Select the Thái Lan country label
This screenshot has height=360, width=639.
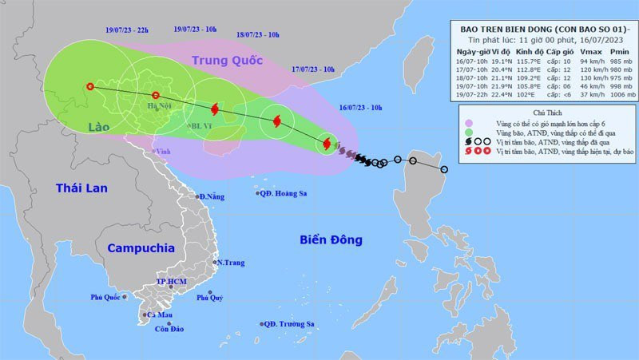(81, 188)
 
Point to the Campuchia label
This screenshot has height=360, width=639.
(141, 247)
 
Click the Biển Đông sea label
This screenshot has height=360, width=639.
(331, 239)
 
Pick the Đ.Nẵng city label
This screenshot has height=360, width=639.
(212, 196)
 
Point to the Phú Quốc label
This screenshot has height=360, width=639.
(105, 298)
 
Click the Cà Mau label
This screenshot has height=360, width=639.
(160, 315)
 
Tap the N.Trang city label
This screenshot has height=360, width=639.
(230, 263)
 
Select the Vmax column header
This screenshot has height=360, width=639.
(584, 50)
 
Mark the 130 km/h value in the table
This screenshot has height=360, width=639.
(584, 77)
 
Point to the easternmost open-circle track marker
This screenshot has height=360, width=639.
(443, 169)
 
